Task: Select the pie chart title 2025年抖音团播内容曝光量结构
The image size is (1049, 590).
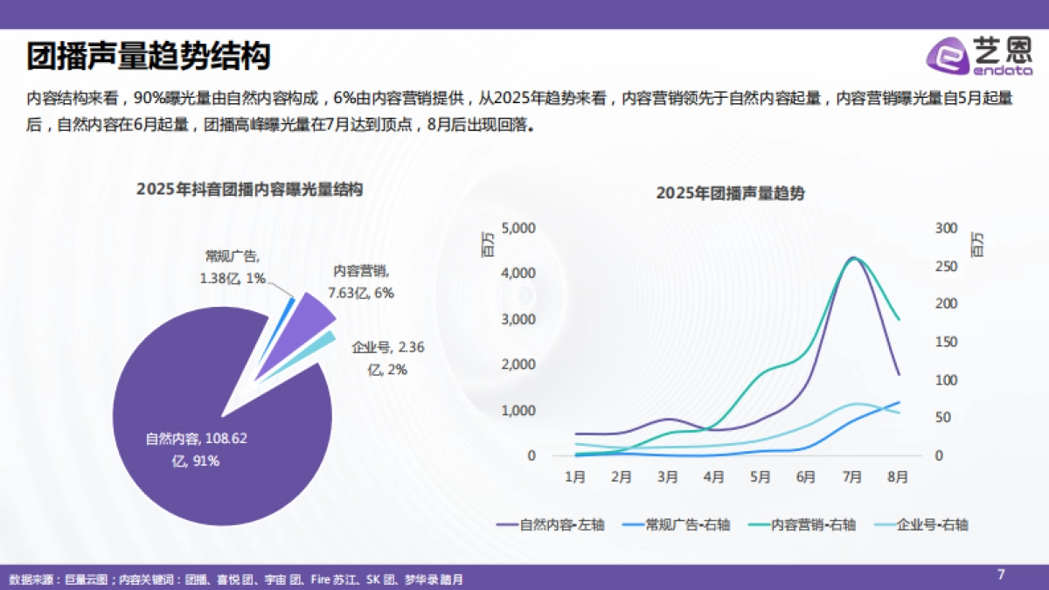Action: click(x=249, y=190)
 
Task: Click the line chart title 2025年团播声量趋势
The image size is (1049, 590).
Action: click(x=730, y=194)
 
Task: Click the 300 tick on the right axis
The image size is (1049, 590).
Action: click(x=946, y=228)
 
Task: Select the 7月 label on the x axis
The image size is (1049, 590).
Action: click(x=852, y=477)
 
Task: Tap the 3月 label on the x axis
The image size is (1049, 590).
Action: click(x=667, y=477)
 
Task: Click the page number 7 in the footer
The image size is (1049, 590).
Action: click(x=1002, y=574)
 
